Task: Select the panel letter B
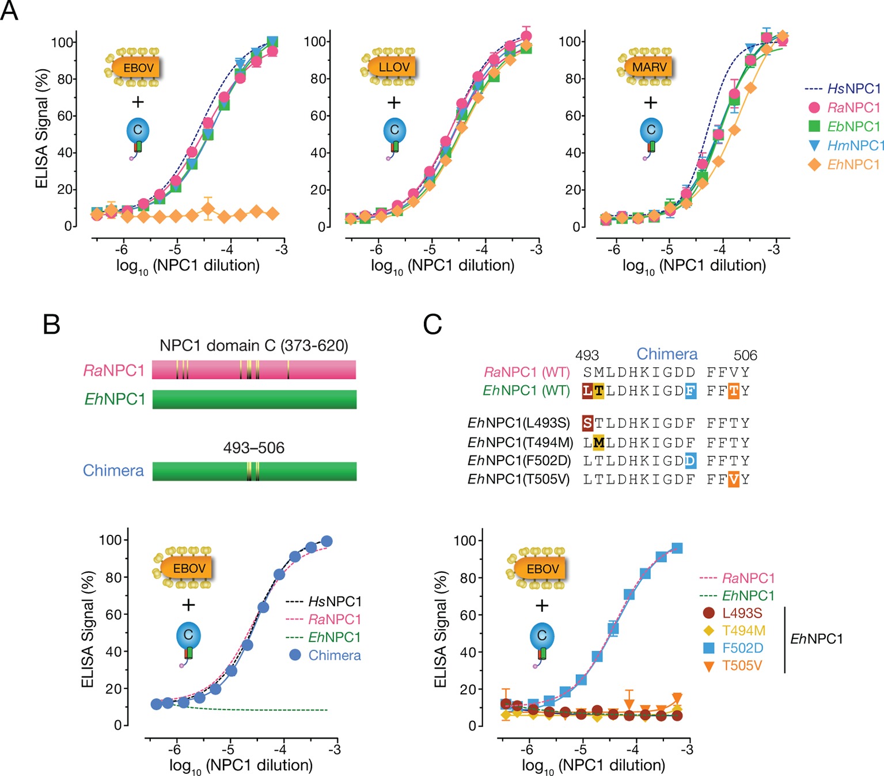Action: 52,325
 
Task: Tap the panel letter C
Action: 432,325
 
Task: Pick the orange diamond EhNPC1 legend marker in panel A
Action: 814,165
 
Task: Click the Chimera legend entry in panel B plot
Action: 326,655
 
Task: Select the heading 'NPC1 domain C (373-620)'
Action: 254,345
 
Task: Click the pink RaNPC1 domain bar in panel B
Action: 254,370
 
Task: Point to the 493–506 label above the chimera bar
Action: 254,448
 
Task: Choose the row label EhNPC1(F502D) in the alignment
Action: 519,461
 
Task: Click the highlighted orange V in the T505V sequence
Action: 733,480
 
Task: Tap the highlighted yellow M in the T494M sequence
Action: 599,443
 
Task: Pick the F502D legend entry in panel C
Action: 734,648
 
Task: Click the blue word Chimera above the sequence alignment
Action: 667,354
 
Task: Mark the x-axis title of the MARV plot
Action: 694,266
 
